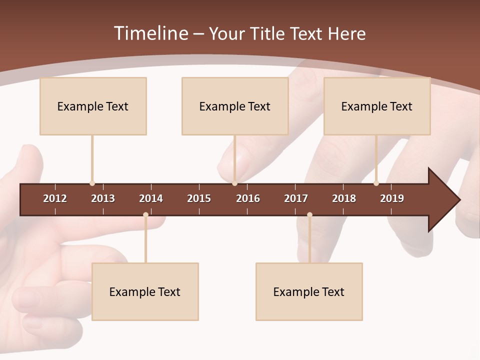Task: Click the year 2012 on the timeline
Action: (x=55, y=198)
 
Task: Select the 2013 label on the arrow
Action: (x=103, y=198)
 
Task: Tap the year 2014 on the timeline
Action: (x=151, y=198)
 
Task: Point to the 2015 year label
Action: (x=199, y=198)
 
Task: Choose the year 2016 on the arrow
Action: (x=248, y=198)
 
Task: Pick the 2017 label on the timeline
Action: (x=296, y=198)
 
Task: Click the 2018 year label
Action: (x=344, y=198)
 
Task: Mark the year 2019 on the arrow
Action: (x=392, y=198)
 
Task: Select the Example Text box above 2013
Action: (x=93, y=106)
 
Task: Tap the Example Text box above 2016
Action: (x=235, y=106)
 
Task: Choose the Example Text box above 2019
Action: (x=377, y=106)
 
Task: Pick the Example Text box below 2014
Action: (x=145, y=291)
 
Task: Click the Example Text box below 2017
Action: (x=309, y=291)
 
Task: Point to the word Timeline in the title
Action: (x=150, y=33)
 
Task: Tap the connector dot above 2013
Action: (x=92, y=183)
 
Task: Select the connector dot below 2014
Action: (x=145, y=215)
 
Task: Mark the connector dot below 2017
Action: (x=309, y=215)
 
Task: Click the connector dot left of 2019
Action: (x=376, y=183)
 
